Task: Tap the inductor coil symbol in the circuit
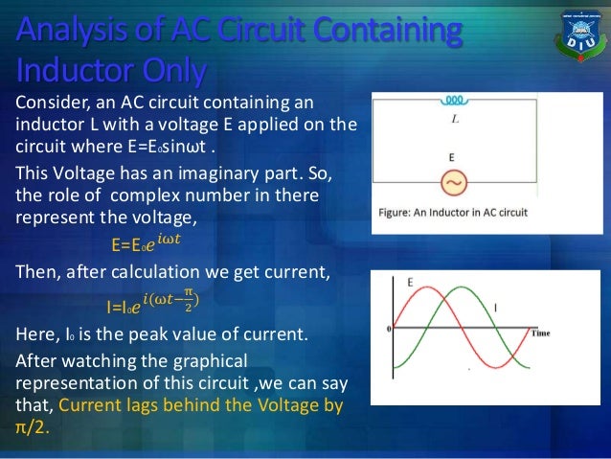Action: click(456, 99)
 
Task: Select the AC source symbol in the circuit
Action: click(456, 183)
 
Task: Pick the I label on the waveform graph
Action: click(494, 306)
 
